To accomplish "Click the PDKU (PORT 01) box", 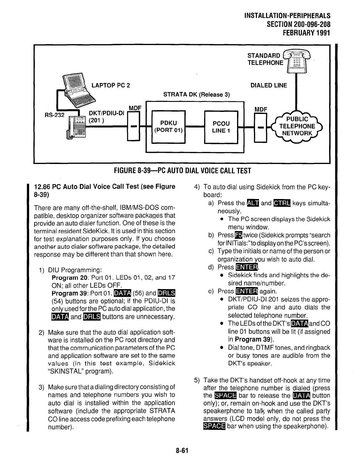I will (x=168, y=127).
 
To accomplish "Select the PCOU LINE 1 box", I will (x=221, y=127).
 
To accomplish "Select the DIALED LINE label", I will (x=269, y=85).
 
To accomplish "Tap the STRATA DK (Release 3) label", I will (x=196, y=95).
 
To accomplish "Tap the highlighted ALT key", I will (x=252, y=203).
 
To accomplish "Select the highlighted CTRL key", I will (x=282, y=203).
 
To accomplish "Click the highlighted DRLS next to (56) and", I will (x=166, y=293).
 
